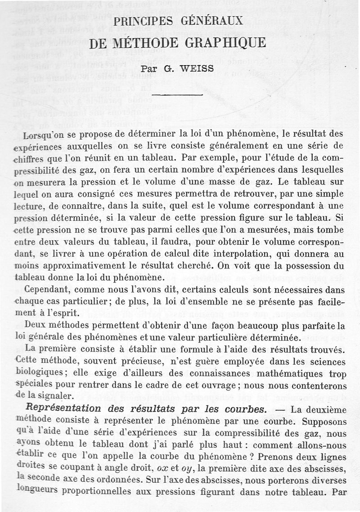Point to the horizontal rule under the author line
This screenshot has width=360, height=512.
(x=178, y=95)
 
